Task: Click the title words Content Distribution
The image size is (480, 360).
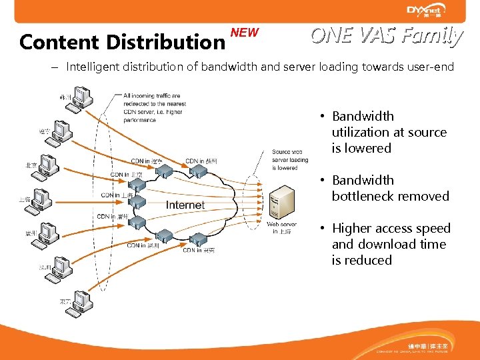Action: coord(122,42)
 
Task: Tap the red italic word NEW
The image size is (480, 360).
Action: coord(244,33)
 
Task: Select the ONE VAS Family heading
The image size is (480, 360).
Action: coord(387,35)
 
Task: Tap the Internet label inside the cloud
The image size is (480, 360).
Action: coord(185,205)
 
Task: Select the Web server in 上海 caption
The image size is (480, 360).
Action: coord(281,228)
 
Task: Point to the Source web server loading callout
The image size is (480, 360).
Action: coord(289,160)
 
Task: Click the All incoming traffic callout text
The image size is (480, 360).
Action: coord(153,108)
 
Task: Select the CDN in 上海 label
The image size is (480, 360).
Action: coord(117,195)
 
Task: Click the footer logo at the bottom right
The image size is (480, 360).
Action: coord(429,347)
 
